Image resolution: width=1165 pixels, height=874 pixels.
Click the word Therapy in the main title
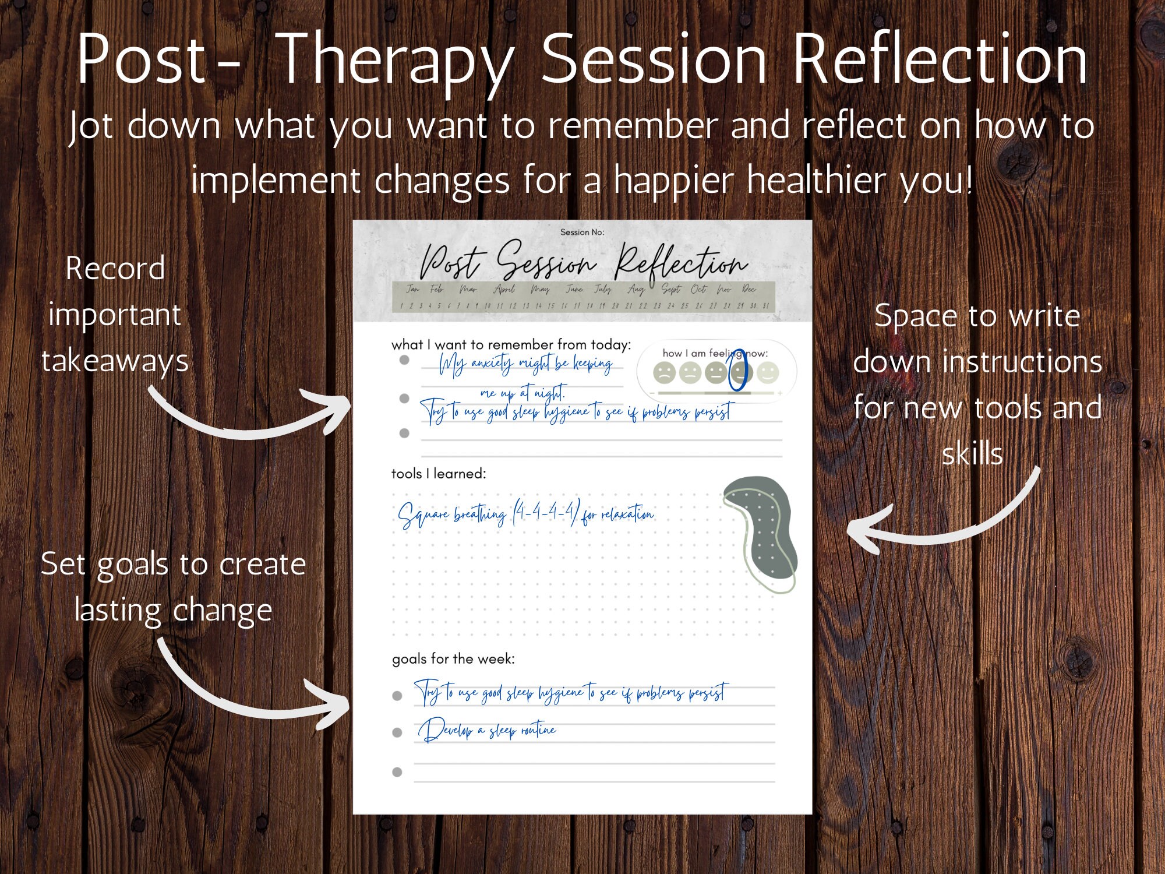[x=396, y=61]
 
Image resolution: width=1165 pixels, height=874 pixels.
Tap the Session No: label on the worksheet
[x=582, y=232]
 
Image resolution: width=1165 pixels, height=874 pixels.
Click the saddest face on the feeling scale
[x=663, y=372]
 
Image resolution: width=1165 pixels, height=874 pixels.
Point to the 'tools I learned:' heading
[x=438, y=474]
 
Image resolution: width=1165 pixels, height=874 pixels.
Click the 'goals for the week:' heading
[x=453, y=659]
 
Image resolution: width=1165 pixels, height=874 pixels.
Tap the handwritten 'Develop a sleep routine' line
[x=487, y=731]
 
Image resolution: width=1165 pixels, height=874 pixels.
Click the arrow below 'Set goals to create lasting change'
[x=250, y=693]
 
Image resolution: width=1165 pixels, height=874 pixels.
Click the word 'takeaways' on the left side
[x=115, y=361]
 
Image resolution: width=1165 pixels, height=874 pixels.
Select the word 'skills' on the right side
[x=972, y=454]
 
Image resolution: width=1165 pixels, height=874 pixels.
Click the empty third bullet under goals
[x=397, y=772]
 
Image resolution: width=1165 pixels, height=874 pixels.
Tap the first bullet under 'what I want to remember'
[x=404, y=360]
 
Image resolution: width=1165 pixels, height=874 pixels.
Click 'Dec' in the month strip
[x=749, y=289]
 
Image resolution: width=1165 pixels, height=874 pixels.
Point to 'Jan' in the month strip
[x=412, y=289]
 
